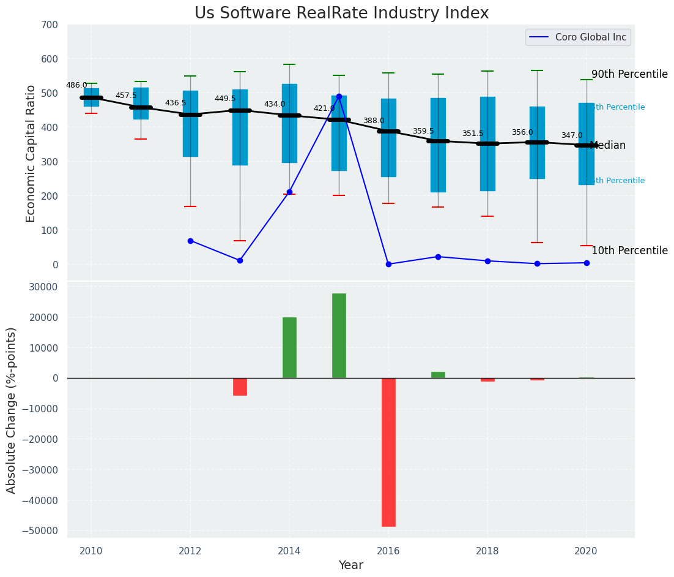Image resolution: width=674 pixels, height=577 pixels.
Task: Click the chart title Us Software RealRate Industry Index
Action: [341, 13]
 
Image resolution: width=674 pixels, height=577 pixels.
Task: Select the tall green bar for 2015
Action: [339, 336]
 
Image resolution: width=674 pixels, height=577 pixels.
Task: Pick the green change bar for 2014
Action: [289, 347]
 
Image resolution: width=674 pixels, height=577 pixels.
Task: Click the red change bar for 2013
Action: [240, 387]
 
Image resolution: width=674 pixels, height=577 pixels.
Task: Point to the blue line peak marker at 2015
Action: [339, 96]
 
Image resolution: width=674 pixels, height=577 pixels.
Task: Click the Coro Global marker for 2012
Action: [190, 241]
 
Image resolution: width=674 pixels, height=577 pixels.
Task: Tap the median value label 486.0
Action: [76, 86]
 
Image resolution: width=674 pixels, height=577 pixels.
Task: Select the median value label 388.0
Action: [374, 121]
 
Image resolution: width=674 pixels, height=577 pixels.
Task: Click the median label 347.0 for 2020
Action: [572, 135]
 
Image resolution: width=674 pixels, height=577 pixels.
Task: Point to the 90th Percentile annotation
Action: [629, 74]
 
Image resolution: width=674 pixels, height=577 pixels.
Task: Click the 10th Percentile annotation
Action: [629, 251]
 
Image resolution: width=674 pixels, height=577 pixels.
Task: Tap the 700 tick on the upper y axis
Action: [50, 25]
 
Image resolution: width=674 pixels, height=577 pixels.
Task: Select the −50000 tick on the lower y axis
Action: [40, 531]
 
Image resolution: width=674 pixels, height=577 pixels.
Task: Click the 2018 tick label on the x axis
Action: [487, 551]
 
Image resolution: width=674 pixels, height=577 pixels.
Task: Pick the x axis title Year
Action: [351, 565]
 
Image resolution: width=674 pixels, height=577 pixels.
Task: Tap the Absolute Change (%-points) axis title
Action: [12, 410]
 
